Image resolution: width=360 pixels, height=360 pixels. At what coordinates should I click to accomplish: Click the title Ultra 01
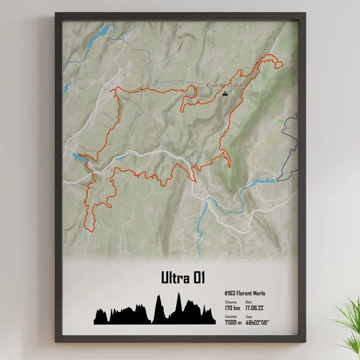(183, 277)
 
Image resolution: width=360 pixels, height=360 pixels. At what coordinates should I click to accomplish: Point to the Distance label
(231, 302)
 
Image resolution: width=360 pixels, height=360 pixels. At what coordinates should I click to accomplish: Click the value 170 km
(232, 308)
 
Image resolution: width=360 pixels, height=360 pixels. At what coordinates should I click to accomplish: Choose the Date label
(249, 302)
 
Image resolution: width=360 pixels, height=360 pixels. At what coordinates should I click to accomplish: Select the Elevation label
(231, 316)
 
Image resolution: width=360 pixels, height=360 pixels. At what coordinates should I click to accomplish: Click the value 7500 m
(233, 322)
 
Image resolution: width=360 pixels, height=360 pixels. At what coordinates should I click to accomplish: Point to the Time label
(249, 316)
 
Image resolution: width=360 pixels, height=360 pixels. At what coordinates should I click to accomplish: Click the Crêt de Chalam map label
(226, 85)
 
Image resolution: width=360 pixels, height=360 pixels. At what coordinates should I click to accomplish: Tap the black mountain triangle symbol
(225, 93)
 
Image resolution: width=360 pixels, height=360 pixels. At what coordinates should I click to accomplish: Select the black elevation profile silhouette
(155, 314)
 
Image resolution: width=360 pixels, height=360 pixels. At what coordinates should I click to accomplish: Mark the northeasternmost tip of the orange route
(283, 65)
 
